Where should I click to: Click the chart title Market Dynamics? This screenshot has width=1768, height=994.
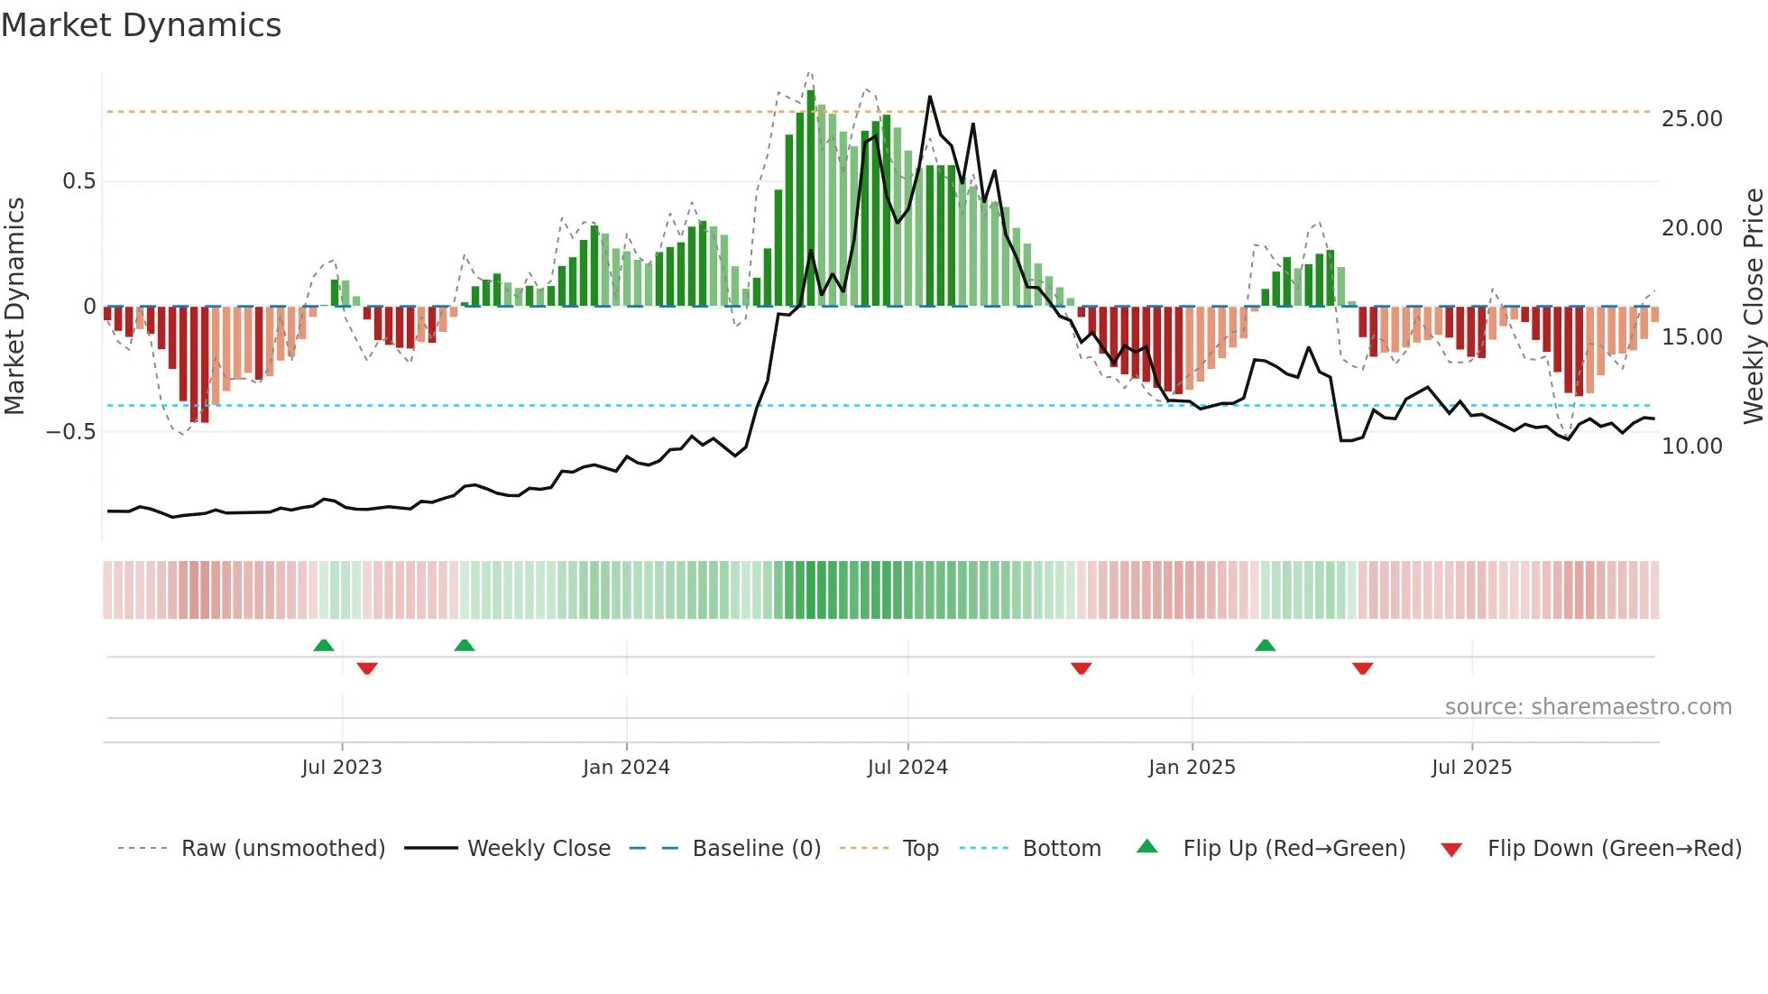(x=141, y=25)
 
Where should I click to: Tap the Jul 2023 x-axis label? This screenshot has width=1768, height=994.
(x=342, y=768)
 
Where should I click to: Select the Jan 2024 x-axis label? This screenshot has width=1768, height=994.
(x=626, y=768)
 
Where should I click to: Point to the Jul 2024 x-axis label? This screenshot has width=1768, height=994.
(x=907, y=768)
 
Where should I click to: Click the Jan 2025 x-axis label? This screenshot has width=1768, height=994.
(x=1192, y=768)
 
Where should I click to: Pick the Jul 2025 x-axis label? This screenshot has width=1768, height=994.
(x=1471, y=768)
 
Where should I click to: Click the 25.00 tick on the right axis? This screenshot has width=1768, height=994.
(x=1691, y=119)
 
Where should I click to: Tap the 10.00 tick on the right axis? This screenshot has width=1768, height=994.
(x=1691, y=446)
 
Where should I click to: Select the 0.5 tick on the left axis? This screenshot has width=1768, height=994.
(x=78, y=181)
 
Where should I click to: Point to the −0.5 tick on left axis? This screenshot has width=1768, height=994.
(x=71, y=432)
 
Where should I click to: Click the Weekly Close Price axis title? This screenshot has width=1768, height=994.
(x=1753, y=307)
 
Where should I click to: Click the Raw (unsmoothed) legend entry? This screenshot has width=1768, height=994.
(x=282, y=849)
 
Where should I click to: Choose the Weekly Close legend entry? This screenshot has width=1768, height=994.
(x=539, y=849)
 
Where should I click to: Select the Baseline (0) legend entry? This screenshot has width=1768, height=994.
(x=756, y=849)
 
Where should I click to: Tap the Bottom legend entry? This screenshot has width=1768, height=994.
(x=1061, y=849)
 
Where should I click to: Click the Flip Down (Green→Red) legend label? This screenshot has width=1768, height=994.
(x=1614, y=849)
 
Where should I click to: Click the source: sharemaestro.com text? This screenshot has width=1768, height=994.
(x=1588, y=707)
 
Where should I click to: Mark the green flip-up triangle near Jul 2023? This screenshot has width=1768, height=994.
(x=324, y=645)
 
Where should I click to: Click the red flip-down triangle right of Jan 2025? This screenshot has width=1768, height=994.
(x=1362, y=668)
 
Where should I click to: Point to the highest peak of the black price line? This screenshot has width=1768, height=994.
(x=930, y=97)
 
